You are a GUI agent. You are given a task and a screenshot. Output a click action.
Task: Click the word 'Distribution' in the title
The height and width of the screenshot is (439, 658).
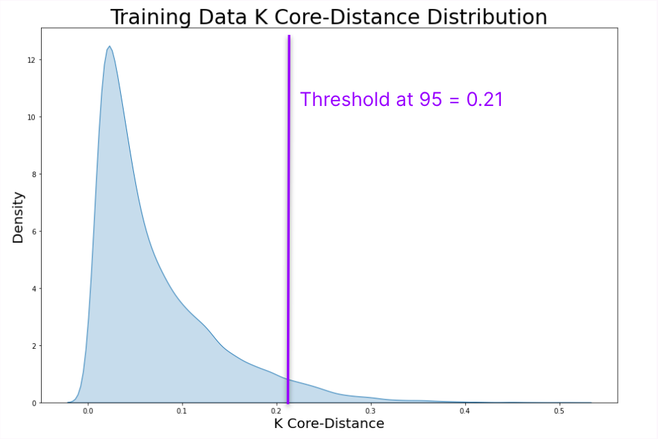(x=486, y=17)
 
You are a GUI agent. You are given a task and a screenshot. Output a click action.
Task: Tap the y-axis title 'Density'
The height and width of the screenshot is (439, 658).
(x=18, y=217)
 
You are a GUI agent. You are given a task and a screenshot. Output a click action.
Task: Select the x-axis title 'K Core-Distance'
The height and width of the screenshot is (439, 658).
(x=329, y=424)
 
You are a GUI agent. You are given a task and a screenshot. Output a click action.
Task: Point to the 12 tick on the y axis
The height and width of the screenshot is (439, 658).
(x=31, y=60)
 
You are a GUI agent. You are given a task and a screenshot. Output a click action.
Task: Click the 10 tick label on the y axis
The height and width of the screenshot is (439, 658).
(x=31, y=117)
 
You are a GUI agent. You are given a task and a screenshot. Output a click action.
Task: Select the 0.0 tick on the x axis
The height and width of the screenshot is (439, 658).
(x=87, y=412)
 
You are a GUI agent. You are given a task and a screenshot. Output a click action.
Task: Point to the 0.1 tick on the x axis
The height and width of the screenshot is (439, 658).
(x=182, y=412)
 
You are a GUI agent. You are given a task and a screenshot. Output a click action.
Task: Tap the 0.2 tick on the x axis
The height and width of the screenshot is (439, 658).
(x=276, y=412)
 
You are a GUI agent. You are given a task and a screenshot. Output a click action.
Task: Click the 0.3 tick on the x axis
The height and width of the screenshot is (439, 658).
(x=370, y=412)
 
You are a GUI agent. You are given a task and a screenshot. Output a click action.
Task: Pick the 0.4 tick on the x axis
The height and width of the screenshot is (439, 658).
(x=465, y=412)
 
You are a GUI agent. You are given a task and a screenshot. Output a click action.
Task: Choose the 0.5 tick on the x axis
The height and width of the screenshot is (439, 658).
(x=559, y=412)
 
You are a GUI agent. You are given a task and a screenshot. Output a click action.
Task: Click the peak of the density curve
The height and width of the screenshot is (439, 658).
(x=109, y=46)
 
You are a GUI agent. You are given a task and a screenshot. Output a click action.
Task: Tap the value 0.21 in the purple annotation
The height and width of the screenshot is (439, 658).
(x=484, y=100)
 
